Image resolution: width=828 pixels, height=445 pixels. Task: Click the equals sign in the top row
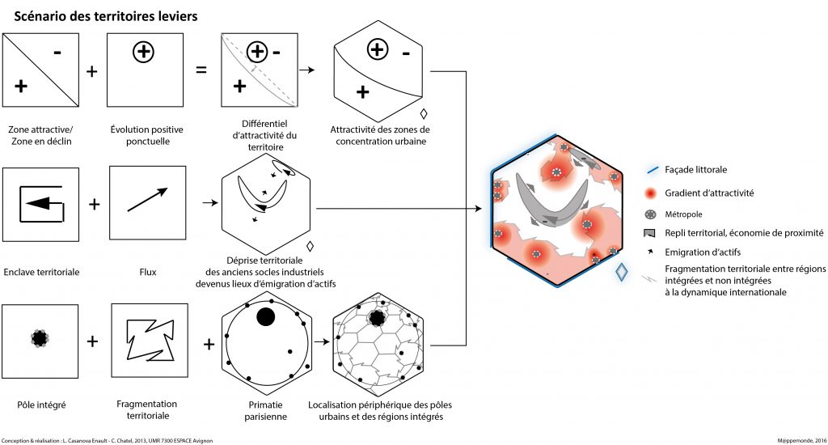[x=201, y=70]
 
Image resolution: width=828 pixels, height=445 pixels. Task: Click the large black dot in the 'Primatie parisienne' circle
[x=265, y=317]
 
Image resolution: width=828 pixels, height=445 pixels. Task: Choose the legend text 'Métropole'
[x=684, y=214]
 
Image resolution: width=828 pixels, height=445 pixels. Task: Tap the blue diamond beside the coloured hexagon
[x=621, y=273]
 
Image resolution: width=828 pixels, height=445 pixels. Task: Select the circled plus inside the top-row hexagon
[x=377, y=49]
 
